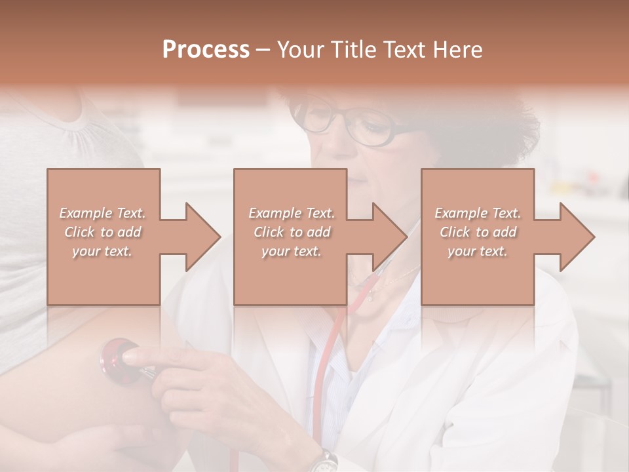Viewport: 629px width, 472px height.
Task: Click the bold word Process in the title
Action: pos(206,50)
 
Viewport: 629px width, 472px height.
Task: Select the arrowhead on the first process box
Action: pos(204,237)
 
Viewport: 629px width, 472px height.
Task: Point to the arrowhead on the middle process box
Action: pos(391,237)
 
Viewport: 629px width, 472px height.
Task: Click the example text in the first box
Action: pos(103,232)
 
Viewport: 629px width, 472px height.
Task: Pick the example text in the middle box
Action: pos(291,232)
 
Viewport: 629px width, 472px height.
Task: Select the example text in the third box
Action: pos(478,232)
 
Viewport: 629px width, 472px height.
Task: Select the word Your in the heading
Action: pos(301,50)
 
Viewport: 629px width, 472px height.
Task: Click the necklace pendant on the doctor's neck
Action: pos(372,296)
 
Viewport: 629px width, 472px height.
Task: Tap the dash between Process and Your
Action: pos(263,50)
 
